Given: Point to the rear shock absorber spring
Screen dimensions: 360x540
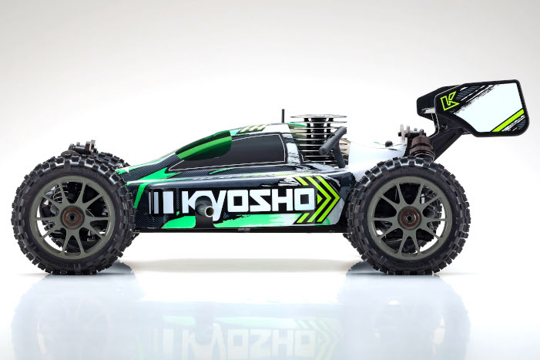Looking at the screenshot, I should (x=421, y=146).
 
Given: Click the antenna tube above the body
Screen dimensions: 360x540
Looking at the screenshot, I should (x=283, y=116).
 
